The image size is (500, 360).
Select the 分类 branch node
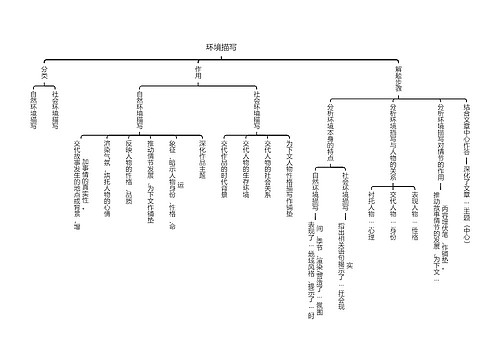click(42, 74)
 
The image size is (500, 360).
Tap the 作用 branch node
click(197, 74)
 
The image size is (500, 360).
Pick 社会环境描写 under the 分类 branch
click(55, 112)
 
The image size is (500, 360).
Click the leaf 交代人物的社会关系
click(266, 164)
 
